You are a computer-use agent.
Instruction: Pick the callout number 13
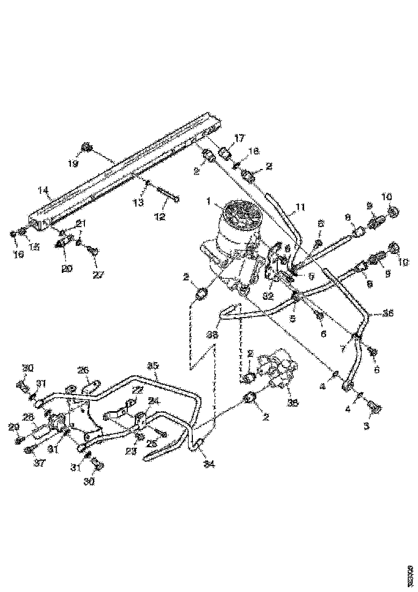click(x=139, y=202)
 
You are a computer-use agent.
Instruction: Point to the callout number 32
click(x=268, y=295)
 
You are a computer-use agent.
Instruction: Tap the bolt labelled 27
click(x=94, y=250)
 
